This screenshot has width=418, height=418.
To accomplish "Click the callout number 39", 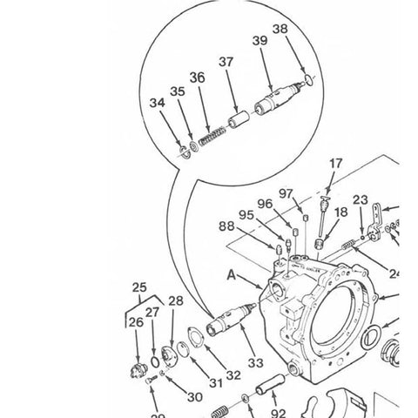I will point(260,41).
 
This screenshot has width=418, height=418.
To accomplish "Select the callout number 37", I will point(226,62).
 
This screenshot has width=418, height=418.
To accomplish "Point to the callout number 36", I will point(198,78).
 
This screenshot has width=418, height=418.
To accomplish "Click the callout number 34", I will point(157,104).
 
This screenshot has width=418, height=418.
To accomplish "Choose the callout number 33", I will point(255,362).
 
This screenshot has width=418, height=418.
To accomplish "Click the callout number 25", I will point(138,287).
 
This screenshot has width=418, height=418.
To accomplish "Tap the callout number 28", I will point(176,301).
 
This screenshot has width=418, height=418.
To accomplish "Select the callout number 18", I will point(340,212).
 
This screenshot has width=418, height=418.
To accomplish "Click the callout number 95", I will point(246,214).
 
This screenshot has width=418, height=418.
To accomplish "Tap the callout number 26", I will point(136,322).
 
